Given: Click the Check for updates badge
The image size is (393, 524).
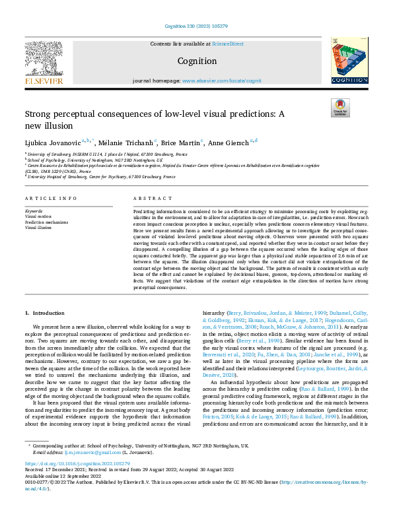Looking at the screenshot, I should click(339, 108).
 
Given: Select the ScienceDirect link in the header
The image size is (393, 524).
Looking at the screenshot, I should click(227, 43).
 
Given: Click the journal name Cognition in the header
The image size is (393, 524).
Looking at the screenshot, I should click(196, 61).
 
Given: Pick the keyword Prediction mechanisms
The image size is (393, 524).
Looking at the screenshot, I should click(45, 222).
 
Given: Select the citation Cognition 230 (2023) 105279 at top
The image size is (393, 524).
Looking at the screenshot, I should click(196, 26).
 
